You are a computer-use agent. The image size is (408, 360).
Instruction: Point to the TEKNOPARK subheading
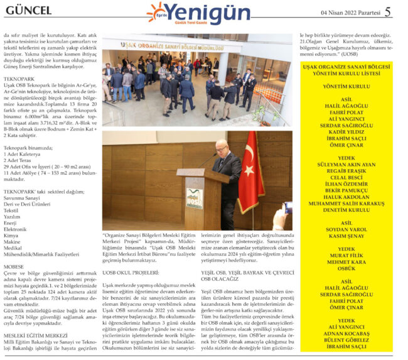pos(19,78)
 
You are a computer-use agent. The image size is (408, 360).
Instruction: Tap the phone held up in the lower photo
pos(287,207)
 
